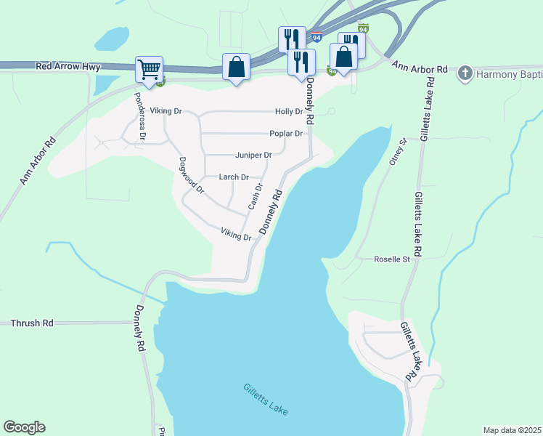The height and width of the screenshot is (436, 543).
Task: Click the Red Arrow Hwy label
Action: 68,66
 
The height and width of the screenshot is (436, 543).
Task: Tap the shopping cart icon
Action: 149,70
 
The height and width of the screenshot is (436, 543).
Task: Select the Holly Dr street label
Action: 288,111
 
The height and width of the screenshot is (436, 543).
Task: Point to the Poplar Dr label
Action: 285,134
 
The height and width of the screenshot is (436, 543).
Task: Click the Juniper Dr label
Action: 253,156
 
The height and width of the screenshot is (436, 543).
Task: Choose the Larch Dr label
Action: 234,177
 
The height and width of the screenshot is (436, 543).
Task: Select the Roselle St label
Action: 392,259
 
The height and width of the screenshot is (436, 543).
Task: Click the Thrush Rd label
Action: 32,323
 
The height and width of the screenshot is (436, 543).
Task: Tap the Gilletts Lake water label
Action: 266,400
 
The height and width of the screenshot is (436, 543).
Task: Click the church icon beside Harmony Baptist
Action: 465,73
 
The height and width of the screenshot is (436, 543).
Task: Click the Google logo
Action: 24,427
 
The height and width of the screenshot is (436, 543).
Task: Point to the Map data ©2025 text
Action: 511,430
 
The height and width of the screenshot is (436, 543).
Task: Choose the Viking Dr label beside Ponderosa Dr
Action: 166,112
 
